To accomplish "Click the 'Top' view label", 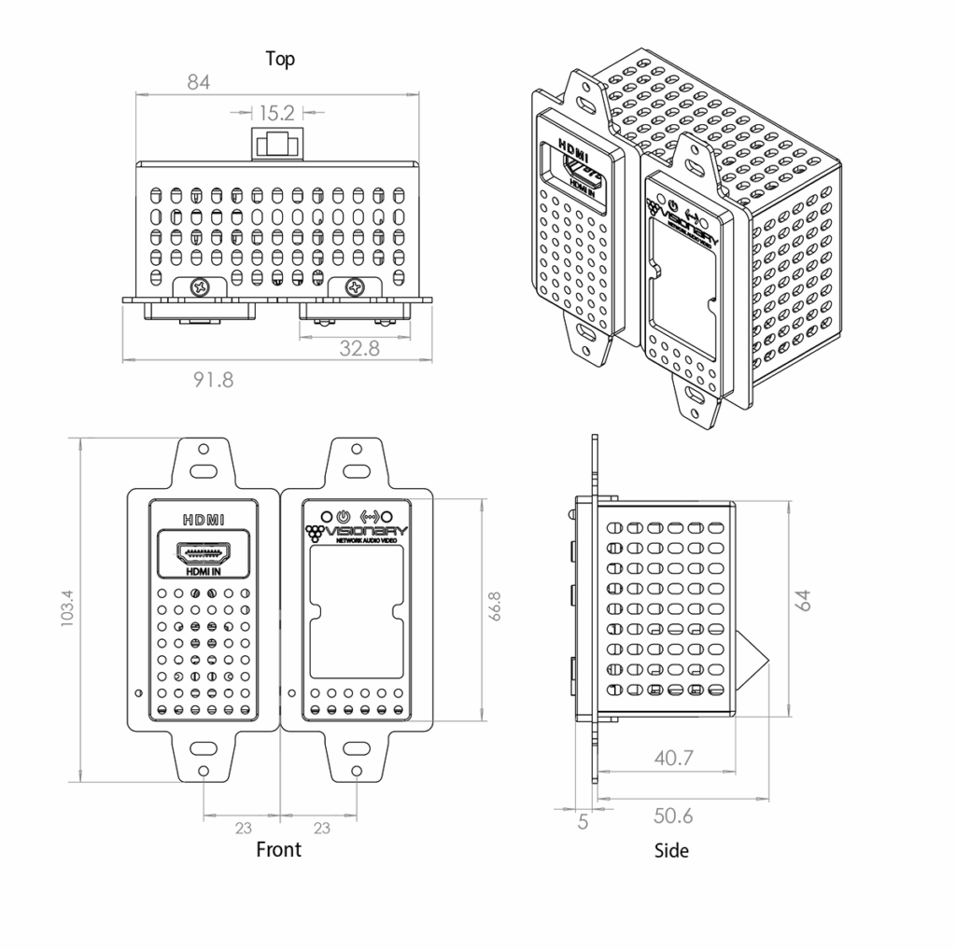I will (280, 59).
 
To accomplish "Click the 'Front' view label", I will (278, 849).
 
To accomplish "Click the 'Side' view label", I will (671, 850).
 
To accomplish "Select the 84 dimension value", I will (198, 82).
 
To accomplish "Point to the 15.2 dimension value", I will (276, 113).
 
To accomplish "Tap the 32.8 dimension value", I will (359, 348).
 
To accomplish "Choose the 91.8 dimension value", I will (213, 380).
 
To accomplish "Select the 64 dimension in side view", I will (804, 598).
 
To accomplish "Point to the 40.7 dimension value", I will (673, 758).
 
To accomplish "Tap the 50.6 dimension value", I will (673, 816).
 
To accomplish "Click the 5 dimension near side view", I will (583, 821).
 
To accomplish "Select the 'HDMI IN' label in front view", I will (203, 572).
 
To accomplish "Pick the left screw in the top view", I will (199, 287).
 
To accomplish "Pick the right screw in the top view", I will (355, 287).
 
